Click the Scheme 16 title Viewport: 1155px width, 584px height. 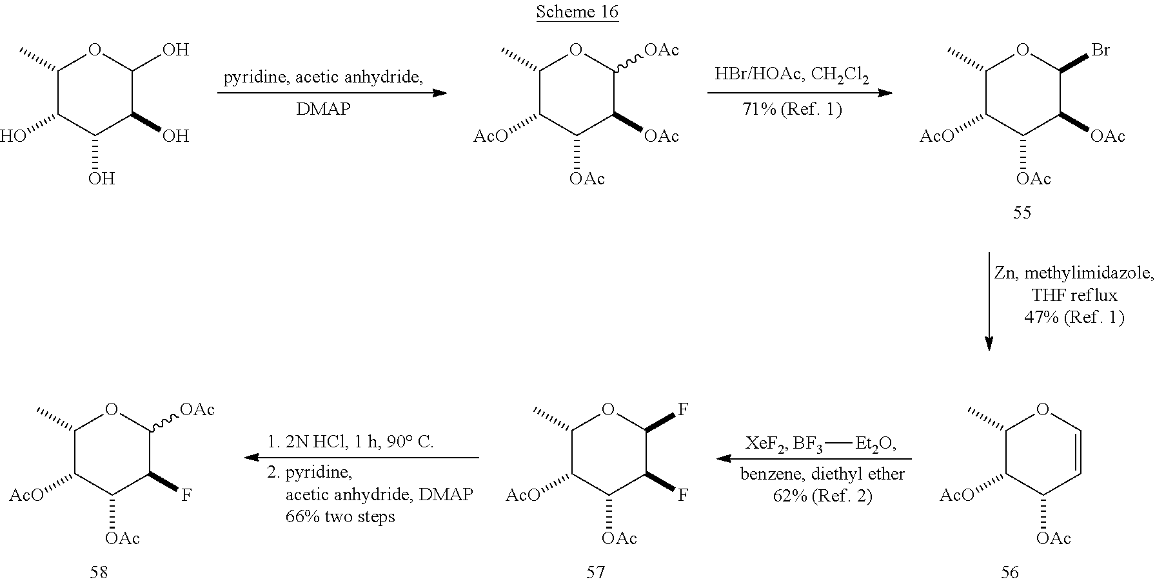[577, 12]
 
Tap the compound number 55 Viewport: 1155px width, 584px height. [1022, 212]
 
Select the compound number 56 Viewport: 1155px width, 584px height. [1010, 572]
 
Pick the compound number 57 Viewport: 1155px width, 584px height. [595, 572]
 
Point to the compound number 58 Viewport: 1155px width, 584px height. [99, 572]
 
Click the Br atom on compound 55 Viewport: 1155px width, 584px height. [1101, 50]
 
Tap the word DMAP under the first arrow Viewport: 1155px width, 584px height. [323, 109]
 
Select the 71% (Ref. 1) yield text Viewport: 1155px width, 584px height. [792, 109]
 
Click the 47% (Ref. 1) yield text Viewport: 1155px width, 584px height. [1074, 317]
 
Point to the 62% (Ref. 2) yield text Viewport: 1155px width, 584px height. [822, 496]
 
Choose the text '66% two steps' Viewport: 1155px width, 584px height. [341, 516]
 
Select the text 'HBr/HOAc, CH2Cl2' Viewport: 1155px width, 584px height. [791, 75]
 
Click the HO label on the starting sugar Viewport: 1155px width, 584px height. [11, 136]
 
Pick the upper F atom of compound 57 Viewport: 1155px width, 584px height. [682, 409]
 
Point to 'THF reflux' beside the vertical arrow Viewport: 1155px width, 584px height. [1074, 295]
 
